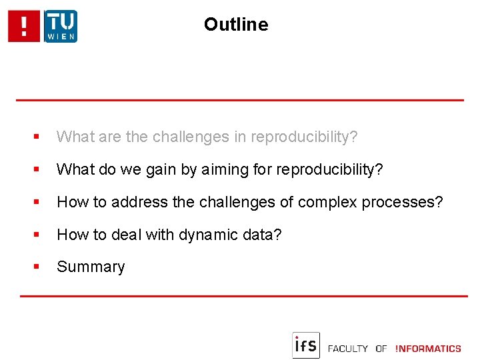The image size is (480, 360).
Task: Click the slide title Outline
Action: [236, 25]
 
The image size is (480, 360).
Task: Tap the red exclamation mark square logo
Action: [25, 27]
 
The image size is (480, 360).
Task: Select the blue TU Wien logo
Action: [61, 27]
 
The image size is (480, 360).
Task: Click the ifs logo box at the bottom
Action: [306, 345]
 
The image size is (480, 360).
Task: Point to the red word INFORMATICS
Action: [428, 349]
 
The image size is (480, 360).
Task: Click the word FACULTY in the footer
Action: [348, 349]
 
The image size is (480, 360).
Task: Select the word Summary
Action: [91, 267]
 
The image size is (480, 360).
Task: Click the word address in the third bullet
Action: [136, 202]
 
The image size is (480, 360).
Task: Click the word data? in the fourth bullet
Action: [265, 235]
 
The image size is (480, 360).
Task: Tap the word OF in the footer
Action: [381, 349]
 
